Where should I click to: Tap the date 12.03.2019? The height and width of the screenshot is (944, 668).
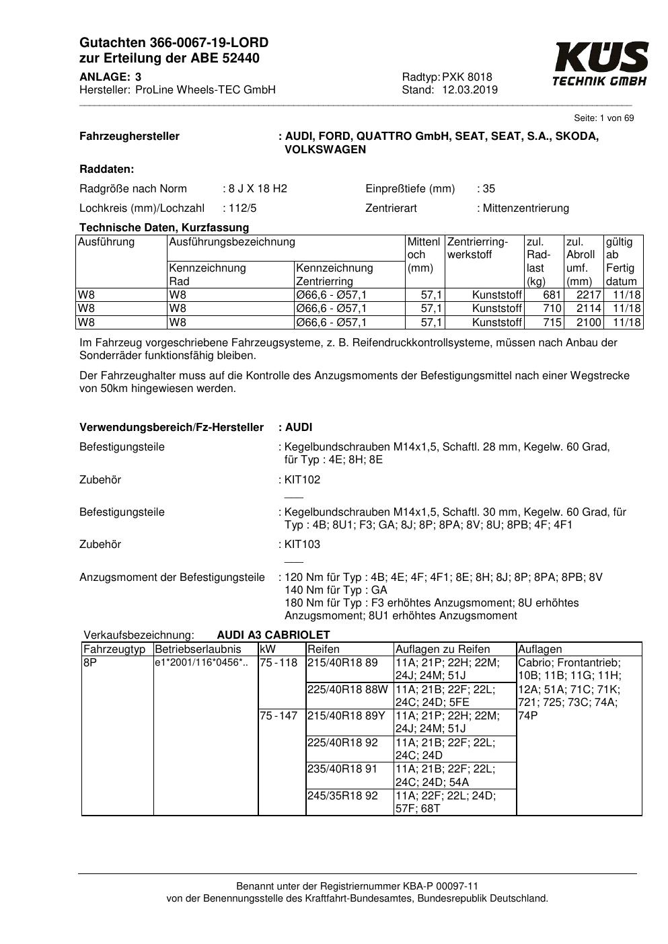click(x=470, y=90)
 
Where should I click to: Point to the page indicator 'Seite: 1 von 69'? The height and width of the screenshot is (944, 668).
click(x=603, y=118)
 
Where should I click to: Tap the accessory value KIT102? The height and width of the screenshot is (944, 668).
click(x=303, y=480)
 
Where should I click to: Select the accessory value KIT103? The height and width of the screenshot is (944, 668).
click(x=303, y=545)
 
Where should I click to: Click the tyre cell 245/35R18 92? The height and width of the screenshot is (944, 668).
click(x=342, y=796)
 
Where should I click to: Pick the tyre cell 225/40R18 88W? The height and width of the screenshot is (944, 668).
click(x=347, y=689)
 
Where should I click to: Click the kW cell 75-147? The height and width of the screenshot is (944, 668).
click(x=279, y=716)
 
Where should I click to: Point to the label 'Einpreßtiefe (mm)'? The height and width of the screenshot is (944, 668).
click(x=410, y=189)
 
